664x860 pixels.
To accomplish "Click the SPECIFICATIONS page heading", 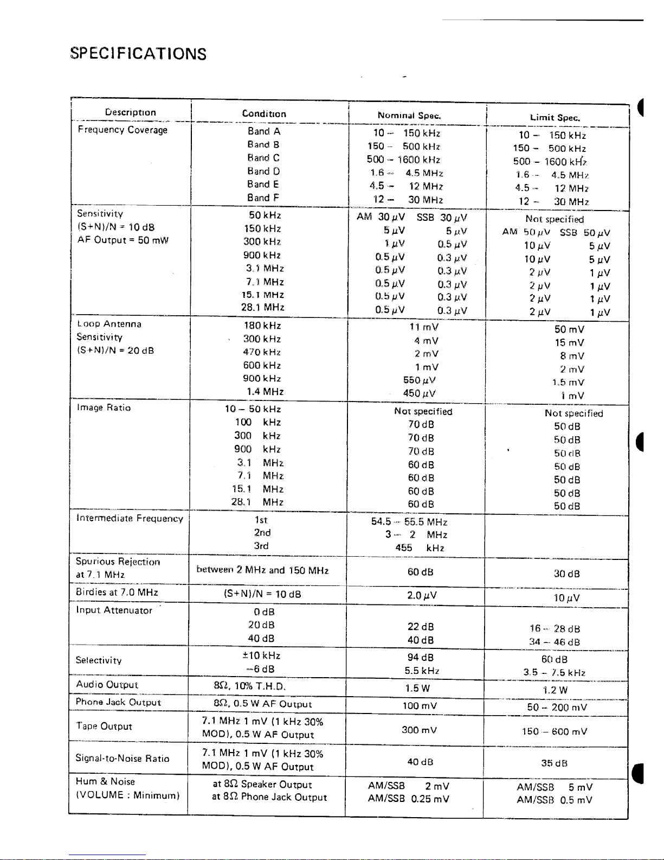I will click(x=138, y=53).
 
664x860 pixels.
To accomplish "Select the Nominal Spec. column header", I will click(x=409, y=116).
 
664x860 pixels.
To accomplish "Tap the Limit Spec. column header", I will click(x=555, y=118).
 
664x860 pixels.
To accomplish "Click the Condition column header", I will click(x=264, y=113).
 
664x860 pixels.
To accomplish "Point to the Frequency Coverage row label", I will click(x=123, y=130).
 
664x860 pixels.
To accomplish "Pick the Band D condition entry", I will click(x=263, y=171).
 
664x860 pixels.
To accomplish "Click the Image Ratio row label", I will click(x=104, y=407).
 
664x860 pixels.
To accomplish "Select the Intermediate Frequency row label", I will click(x=130, y=518).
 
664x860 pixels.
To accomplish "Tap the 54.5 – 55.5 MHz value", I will click(x=409, y=522).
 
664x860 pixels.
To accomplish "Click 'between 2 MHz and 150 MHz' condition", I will click(x=262, y=570).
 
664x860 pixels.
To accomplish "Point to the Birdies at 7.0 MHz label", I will click(x=117, y=592).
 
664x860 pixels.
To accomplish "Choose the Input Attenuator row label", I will click(x=114, y=610).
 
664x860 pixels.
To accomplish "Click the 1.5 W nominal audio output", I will click(x=417, y=688).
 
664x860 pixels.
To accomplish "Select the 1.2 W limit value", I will click(x=555, y=690).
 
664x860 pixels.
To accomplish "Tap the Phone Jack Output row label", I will click(x=118, y=702).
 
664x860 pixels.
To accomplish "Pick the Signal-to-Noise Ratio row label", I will click(x=123, y=759).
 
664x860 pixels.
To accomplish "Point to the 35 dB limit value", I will click(x=554, y=763).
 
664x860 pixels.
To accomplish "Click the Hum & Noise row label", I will click(x=105, y=781).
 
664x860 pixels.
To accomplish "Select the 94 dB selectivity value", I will click(x=420, y=658).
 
